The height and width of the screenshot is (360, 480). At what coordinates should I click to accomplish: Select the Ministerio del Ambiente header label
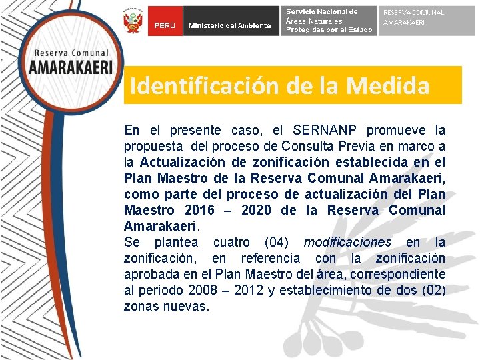click(x=230, y=25)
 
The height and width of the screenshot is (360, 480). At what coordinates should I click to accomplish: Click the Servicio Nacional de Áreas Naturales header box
click(x=329, y=21)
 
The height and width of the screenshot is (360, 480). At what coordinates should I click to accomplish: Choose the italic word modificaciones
click(x=347, y=242)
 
